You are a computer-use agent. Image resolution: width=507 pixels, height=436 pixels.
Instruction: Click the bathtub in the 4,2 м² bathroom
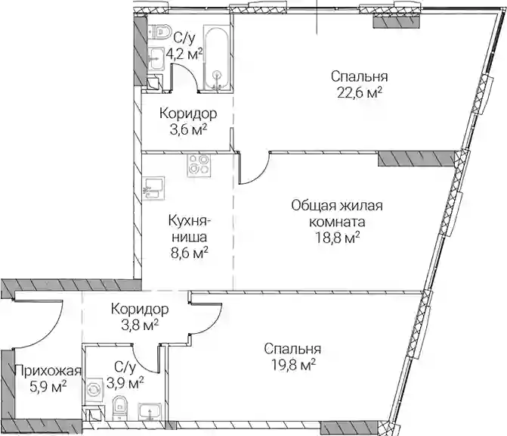pyautogui.click(x=217, y=58)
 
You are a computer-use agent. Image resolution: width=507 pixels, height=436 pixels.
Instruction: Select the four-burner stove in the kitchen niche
pyautogui.click(x=198, y=165)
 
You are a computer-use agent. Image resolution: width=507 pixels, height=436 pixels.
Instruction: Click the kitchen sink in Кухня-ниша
pyautogui.click(x=154, y=188)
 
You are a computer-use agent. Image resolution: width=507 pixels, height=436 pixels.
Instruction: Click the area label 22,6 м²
pyautogui.click(x=360, y=93)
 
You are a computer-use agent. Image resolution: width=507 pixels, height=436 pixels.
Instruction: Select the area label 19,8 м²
pyautogui.click(x=292, y=366)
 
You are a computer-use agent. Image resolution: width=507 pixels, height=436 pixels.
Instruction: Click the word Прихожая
pyautogui.click(x=48, y=370)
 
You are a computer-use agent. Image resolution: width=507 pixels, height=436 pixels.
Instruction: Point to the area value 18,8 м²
pyautogui.click(x=337, y=239)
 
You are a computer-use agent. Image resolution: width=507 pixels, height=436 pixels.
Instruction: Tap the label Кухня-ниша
pyautogui.click(x=190, y=229)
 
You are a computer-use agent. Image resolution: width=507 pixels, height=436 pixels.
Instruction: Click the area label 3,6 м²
pyautogui.click(x=188, y=130)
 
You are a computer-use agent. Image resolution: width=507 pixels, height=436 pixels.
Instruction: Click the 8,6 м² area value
pyautogui.click(x=190, y=253)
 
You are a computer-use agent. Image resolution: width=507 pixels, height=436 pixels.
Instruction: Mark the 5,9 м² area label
pyautogui.click(x=48, y=387)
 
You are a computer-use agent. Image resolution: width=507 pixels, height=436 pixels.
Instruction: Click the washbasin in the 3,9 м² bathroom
pyautogui.click(x=149, y=411)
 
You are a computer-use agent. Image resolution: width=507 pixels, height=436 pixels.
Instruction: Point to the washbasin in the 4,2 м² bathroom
pyautogui.click(x=157, y=59)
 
